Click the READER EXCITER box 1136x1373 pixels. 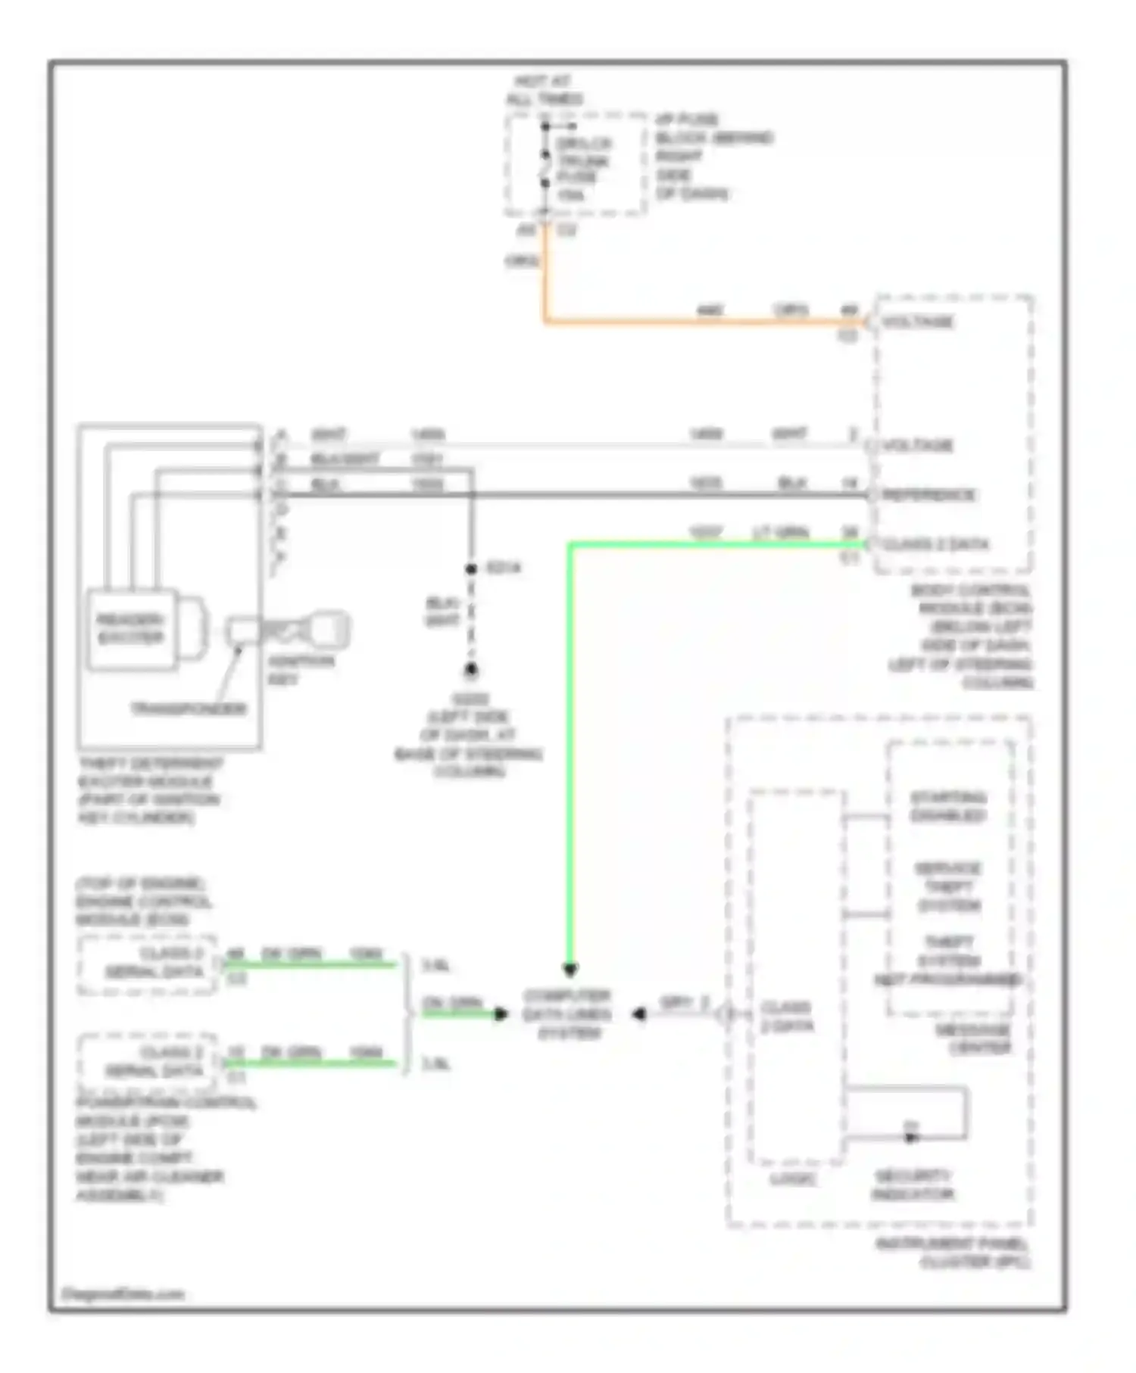tap(131, 629)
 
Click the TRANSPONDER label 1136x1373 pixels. tap(189, 709)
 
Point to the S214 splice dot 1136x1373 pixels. tap(470, 568)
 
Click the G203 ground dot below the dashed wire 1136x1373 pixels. tap(470, 670)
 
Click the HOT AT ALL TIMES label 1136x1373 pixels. tap(545, 90)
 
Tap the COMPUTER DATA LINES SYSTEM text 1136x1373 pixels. tap(567, 1014)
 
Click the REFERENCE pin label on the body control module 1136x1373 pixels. tap(929, 495)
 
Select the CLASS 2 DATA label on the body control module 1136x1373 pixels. tap(936, 544)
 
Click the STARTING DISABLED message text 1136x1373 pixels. tap(947, 807)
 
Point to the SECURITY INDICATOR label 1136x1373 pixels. tap(913, 1185)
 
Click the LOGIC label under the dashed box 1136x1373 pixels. tap(792, 1178)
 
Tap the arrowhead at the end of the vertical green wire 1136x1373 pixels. tap(570, 969)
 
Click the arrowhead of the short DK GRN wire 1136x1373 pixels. tap(501, 1014)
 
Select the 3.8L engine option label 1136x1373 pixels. tap(435, 966)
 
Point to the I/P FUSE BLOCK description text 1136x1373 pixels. tap(712, 157)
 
